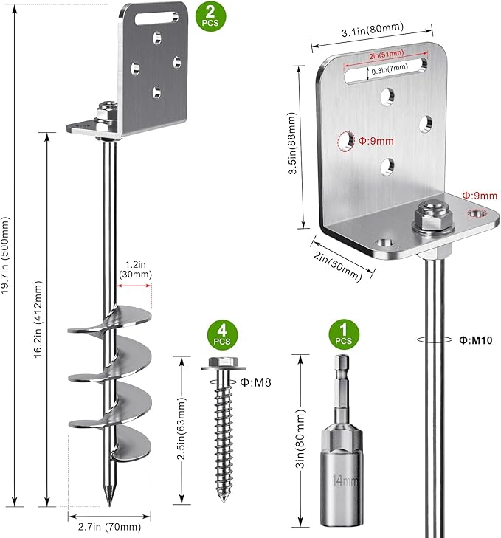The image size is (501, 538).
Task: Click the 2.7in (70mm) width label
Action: tap(110, 527)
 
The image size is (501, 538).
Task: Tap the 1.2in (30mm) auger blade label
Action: tap(135, 269)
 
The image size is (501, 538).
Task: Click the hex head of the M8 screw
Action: tap(219, 365)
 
